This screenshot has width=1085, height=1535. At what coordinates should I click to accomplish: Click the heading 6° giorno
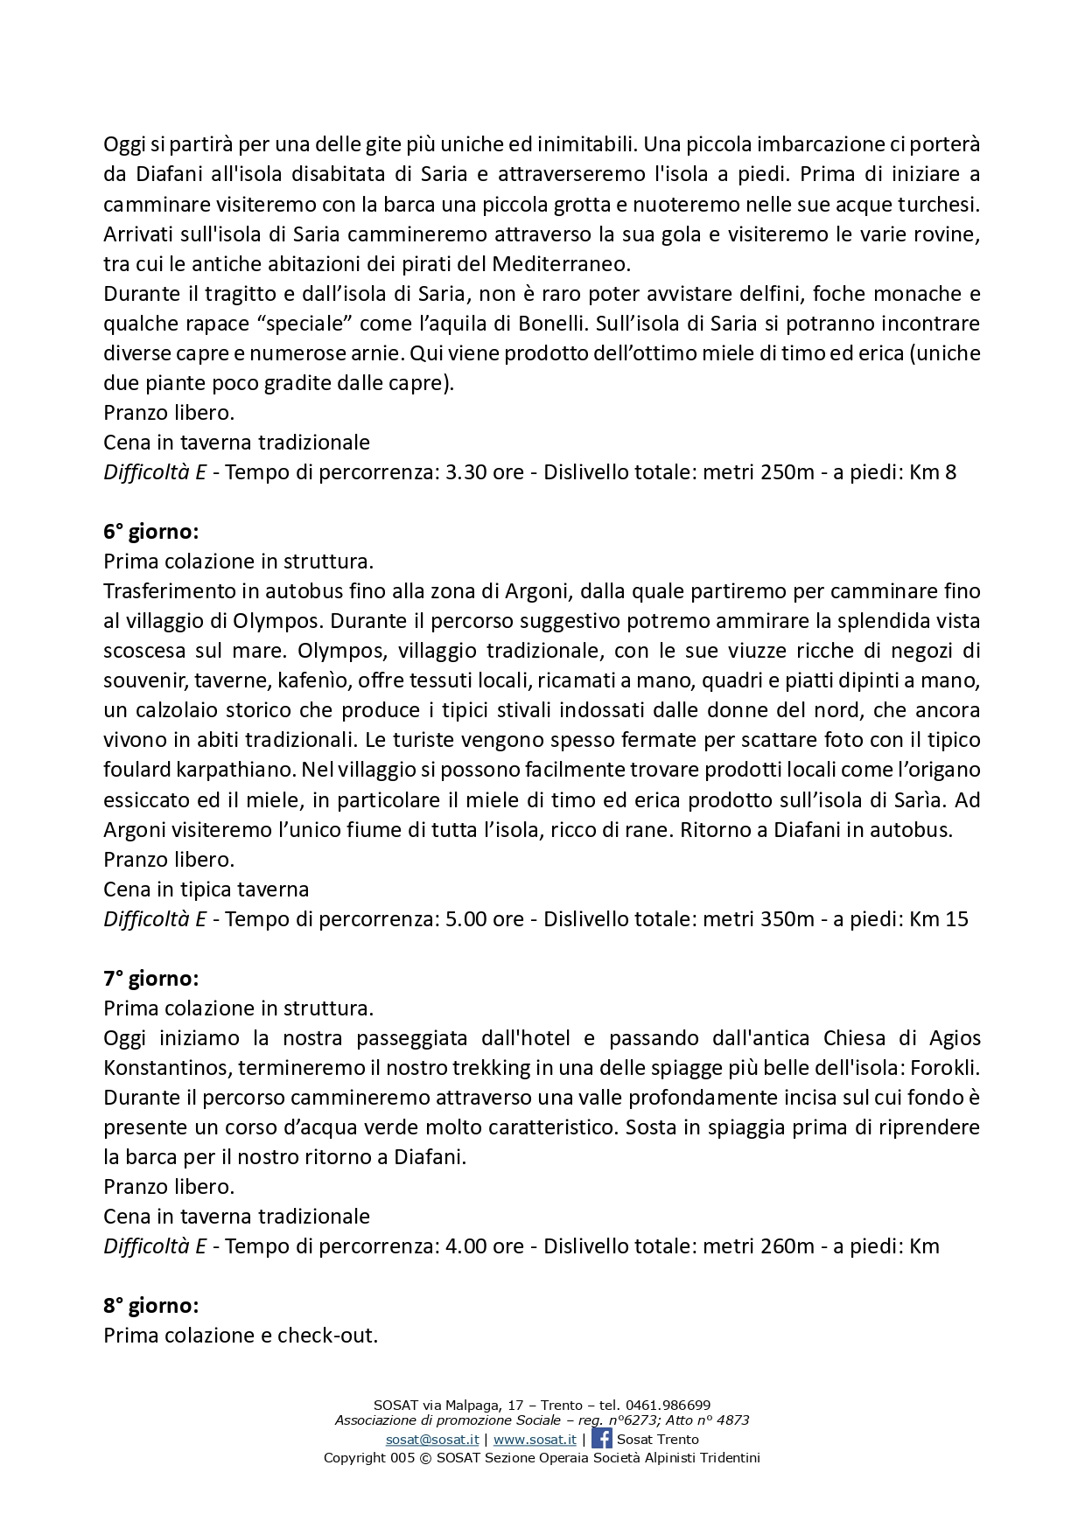pos(150,532)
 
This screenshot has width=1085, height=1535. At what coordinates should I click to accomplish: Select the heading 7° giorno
pos(150,979)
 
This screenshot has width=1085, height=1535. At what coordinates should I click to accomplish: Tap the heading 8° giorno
pos(150,1306)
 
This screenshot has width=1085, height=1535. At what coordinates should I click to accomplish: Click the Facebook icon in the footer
pos(602,1439)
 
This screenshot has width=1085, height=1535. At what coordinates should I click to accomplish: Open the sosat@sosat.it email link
pos(432,1440)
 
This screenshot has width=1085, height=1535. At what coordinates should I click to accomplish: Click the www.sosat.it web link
pos(535,1440)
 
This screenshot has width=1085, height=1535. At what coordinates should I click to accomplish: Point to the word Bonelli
pos(549,324)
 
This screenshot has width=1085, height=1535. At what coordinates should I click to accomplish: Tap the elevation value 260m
pos(787,1246)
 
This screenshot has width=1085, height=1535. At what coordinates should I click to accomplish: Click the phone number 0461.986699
pos(668,1406)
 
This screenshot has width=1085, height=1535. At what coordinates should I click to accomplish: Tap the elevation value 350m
pos(787,919)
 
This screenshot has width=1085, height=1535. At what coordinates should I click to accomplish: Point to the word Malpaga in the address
pos(473,1406)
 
